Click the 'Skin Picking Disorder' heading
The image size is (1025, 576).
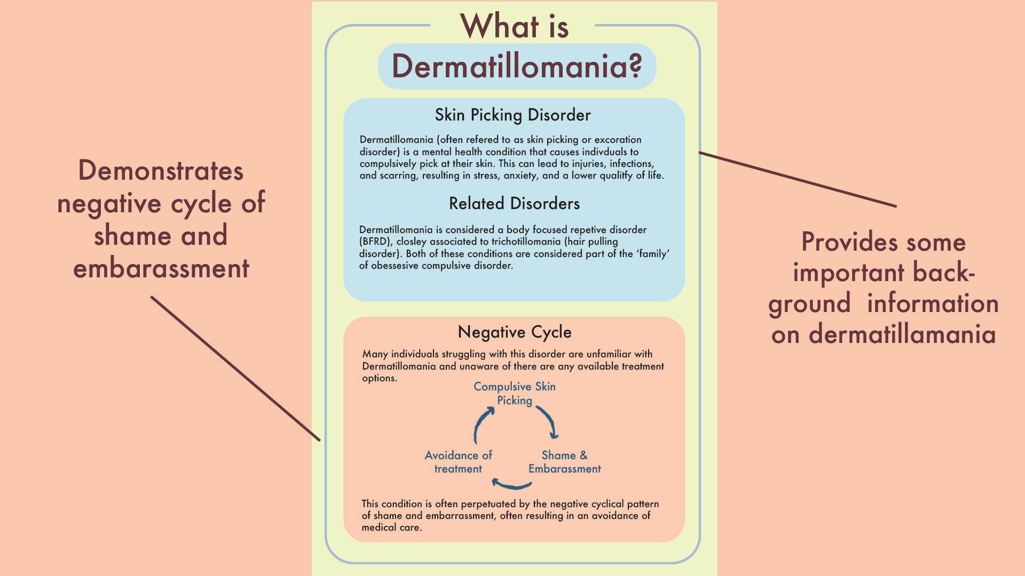pos(512,115)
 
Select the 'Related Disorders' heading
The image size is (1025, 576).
pos(514,204)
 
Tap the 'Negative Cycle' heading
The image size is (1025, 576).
pos(515,332)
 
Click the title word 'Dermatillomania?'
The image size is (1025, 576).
pos(517,67)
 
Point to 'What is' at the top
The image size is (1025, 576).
pos(514,27)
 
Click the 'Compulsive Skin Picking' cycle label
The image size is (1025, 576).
pos(515,394)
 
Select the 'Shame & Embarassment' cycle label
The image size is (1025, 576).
pos(564,462)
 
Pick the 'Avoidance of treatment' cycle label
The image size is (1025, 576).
pos(458,462)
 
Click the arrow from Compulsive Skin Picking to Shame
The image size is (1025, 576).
pos(549,421)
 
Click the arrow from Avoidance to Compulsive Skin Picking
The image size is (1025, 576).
pos(482,424)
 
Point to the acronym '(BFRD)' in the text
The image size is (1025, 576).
pos(375,242)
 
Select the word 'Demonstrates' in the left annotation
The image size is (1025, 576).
pos(161,171)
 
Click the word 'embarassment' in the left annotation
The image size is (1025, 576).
pos(161,268)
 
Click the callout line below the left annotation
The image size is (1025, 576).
pos(235,368)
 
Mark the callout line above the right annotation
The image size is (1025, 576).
pos(798,179)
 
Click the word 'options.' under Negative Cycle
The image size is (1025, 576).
pos(380,378)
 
